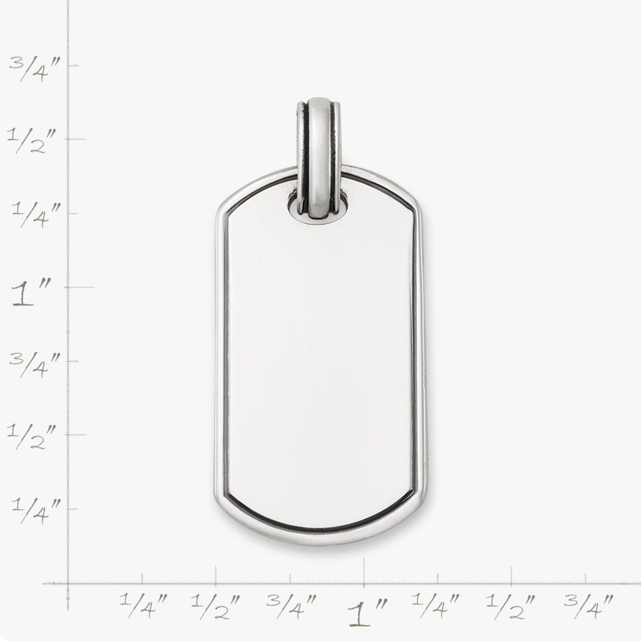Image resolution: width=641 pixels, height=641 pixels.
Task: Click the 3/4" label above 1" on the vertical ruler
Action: tap(35, 69)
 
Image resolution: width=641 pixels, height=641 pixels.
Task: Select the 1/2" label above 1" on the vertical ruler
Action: tap(32, 140)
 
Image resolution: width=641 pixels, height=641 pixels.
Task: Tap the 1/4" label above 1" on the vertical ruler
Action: tap(36, 214)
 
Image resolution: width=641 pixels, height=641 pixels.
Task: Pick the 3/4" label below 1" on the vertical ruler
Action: tap(35, 364)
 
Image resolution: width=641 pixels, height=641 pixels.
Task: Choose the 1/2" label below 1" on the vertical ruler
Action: tap(32, 436)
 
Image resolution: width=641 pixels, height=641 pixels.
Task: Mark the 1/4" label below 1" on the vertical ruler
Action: tap(36, 511)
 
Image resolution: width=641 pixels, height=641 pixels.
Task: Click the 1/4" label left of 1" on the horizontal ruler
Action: tap(143, 605)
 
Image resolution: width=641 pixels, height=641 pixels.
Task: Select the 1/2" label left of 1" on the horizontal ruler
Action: tap(215, 607)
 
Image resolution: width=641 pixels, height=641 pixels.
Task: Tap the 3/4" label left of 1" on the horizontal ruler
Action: tap(292, 606)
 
